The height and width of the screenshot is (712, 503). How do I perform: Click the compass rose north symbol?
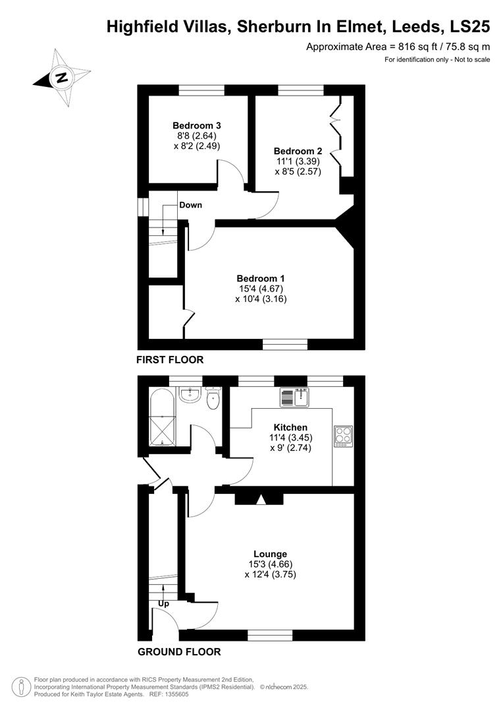coord(61,78)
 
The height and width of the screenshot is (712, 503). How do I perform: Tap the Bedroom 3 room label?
coord(196,125)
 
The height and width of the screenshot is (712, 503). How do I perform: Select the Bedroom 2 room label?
coord(298,150)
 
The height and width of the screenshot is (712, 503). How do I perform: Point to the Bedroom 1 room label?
coord(261,278)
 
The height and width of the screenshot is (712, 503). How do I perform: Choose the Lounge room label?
coord(271,554)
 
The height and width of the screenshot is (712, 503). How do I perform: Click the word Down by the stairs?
coord(191,205)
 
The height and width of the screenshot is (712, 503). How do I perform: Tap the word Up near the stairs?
coord(164,603)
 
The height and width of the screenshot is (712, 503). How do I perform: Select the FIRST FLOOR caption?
coord(170,360)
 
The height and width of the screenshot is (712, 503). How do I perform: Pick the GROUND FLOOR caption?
coord(179,652)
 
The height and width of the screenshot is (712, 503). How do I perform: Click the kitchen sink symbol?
coord(294,398)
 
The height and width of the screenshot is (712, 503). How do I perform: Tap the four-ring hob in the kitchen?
coord(344,436)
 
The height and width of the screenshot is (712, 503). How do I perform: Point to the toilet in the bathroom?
coord(213,399)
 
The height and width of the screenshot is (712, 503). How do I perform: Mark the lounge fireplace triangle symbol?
coord(261,500)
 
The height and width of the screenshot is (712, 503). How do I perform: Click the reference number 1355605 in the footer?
coord(173,694)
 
